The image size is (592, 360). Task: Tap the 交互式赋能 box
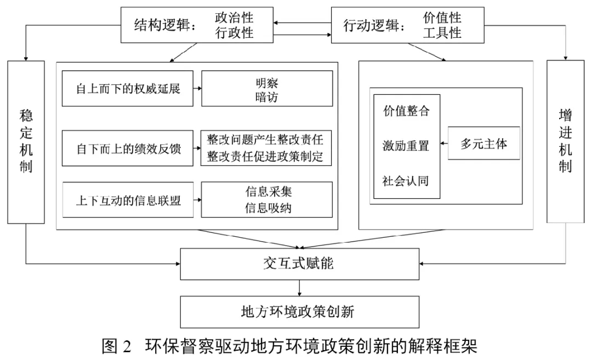click(298, 264)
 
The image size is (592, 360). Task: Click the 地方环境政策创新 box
click(298, 312)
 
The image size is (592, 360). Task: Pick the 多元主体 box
click(483, 145)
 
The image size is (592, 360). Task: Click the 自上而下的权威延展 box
click(128, 88)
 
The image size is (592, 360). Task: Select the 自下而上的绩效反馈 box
click(128, 148)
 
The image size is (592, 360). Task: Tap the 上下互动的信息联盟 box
click(128, 199)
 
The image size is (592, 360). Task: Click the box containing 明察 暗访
click(266, 88)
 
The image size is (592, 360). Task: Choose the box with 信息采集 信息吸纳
click(266, 199)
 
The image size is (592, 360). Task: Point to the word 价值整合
click(406, 111)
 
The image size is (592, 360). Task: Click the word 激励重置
click(406, 146)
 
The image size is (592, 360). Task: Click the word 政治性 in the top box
click(234, 18)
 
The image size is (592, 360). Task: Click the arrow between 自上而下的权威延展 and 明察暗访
click(197, 88)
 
